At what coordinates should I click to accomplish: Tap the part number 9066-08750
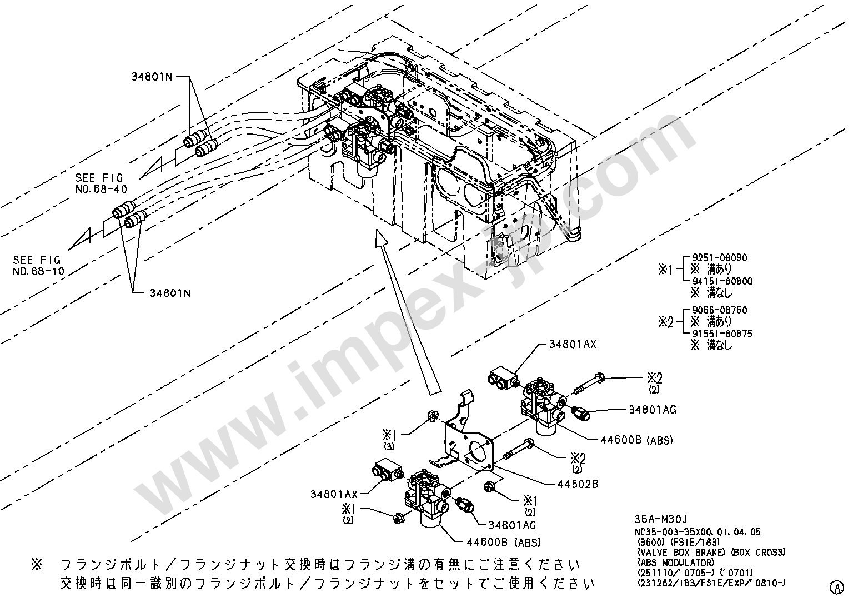coord(719,310)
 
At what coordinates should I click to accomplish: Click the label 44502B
coord(578,484)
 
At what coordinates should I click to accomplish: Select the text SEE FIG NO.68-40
coord(101,183)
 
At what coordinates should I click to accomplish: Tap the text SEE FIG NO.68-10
coord(38,266)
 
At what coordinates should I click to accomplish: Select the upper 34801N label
coord(152,77)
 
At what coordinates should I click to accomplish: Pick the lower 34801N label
coord(170,293)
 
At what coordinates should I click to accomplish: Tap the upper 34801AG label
coord(652,410)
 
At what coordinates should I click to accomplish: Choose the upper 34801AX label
coord(572,344)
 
